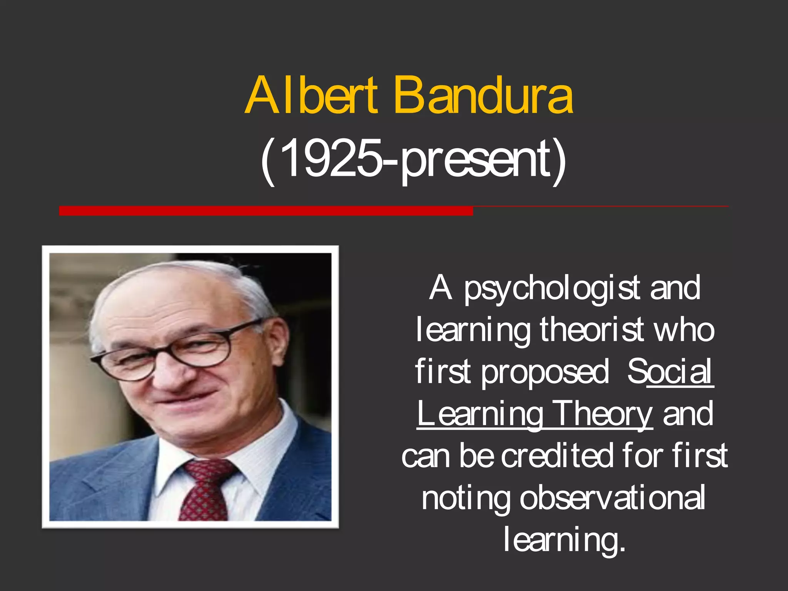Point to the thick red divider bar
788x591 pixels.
pyautogui.click(x=265, y=210)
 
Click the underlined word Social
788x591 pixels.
pyautogui.click(x=670, y=371)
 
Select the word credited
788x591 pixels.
pyautogui.click(x=557, y=456)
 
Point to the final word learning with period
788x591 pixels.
pyautogui.click(x=564, y=540)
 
